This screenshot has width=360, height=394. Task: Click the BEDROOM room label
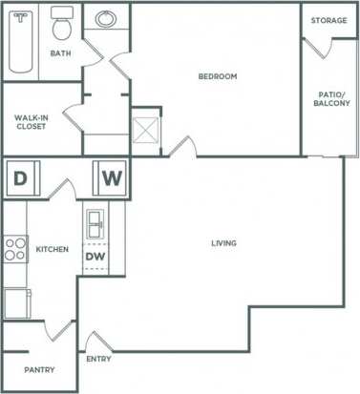click(x=217, y=76)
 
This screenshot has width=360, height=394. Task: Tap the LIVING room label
click(x=223, y=243)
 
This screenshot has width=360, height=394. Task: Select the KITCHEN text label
click(x=52, y=250)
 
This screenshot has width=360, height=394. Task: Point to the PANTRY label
click(x=38, y=370)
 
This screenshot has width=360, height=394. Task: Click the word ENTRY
click(x=98, y=360)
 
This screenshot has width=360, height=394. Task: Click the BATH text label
click(x=60, y=53)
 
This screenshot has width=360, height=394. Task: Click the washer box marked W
click(x=110, y=176)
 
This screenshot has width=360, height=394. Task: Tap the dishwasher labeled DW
click(x=95, y=256)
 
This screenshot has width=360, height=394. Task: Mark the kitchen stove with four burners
click(x=15, y=249)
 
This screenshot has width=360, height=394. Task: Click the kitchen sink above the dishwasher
click(x=95, y=224)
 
